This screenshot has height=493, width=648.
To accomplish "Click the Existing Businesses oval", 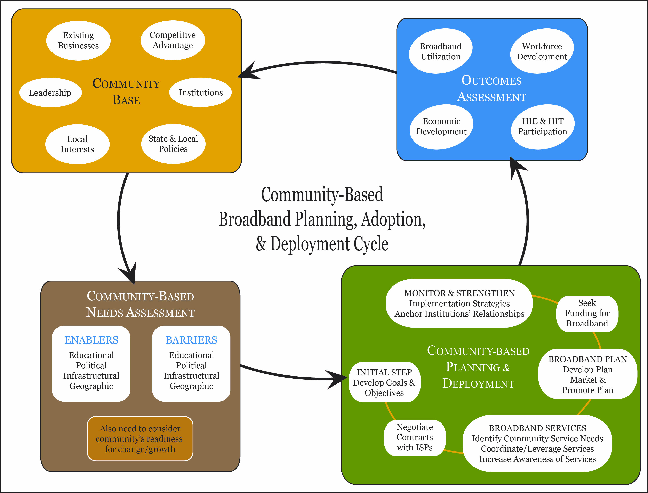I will point(78,40).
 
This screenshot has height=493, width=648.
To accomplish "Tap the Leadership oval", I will point(50,92).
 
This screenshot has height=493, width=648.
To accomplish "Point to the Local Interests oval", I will point(78,144).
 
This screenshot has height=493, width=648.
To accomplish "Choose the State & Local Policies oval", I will point(173,144).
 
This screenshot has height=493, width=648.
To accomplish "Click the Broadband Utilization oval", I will point(440,51).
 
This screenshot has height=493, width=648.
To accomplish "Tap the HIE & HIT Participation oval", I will point(543,127).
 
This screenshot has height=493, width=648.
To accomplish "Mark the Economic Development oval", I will point(441,127).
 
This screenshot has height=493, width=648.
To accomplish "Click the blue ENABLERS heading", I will point(91,340).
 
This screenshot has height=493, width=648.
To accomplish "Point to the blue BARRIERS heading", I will point(191,340).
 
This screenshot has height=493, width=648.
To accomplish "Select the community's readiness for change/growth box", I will point(140,439).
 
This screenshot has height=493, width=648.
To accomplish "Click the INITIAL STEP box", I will point(384,382).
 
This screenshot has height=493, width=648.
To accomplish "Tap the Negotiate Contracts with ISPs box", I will point(415,437).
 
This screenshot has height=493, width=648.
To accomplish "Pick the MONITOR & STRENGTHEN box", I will point(459,303).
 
